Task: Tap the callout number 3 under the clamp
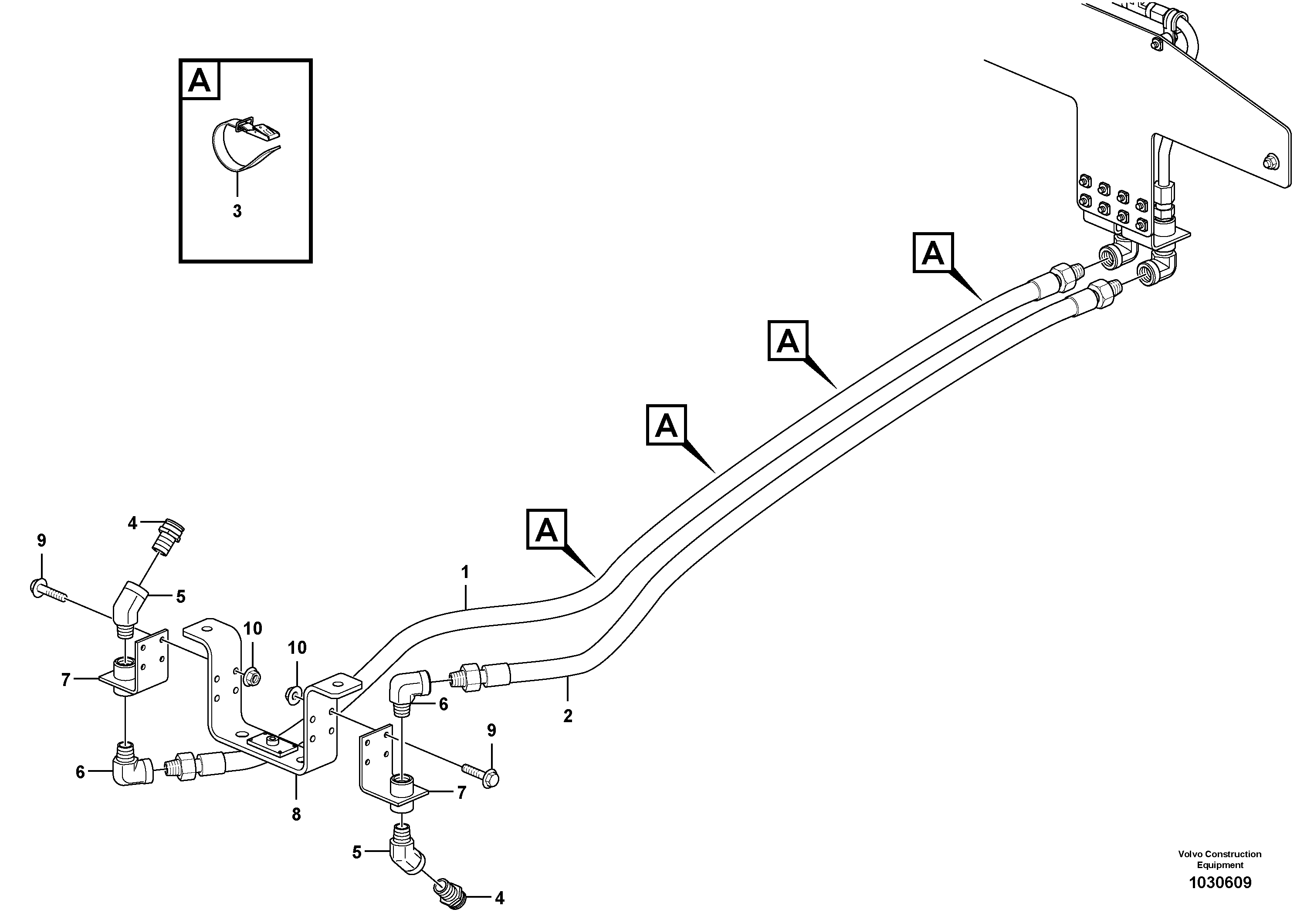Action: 237,211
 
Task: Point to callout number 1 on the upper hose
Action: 465,572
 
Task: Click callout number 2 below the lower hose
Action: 568,716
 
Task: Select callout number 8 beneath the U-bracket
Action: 296,815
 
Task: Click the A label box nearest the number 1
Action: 546,529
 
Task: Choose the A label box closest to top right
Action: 933,253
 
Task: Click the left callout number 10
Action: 253,628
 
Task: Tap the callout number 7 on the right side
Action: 461,793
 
